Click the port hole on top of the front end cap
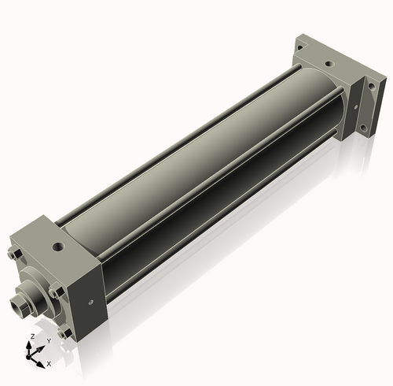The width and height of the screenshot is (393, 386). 58,247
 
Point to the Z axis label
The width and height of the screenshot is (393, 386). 32,337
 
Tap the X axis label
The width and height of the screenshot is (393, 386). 49,364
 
